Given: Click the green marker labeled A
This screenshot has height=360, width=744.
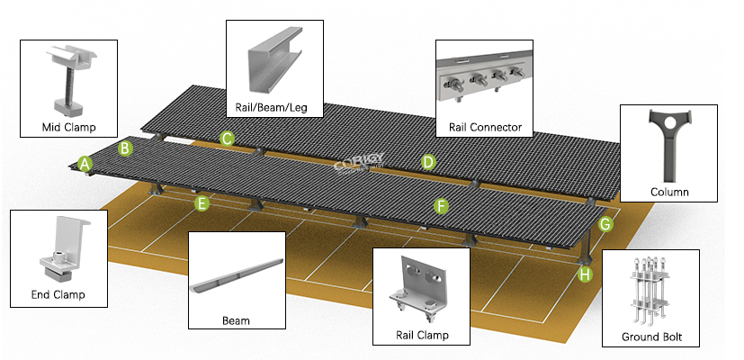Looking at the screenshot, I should pyautogui.click(x=85, y=164).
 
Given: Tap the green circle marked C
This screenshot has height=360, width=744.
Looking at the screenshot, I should pyautogui.click(x=228, y=138).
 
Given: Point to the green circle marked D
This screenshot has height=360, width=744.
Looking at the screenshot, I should pyautogui.click(x=429, y=163).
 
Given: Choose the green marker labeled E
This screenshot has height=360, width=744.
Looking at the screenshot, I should pyautogui.click(x=202, y=203).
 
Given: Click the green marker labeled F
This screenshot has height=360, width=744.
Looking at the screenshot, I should pyautogui.click(x=441, y=206).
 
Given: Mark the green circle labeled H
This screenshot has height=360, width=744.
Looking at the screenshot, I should pyautogui.click(x=586, y=274).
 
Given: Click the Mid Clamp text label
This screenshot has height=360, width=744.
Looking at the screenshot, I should pyautogui.click(x=68, y=127).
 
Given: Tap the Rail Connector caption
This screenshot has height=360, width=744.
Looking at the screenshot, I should pyautogui.click(x=485, y=127).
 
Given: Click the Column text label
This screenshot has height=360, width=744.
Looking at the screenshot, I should pyautogui.click(x=669, y=192).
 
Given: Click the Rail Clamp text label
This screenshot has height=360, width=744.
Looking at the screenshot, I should pyautogui.click(x=422, y=336).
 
